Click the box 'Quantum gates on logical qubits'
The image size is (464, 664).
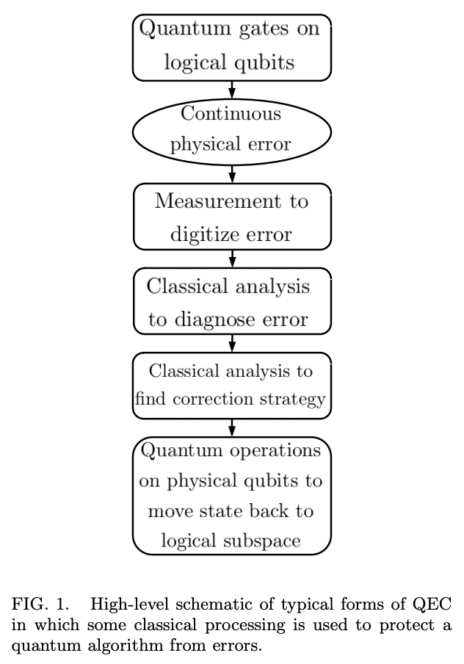pyautogui.click(x=232, y=46)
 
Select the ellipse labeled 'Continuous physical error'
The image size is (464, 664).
pyautogui.click(x=232, y=130)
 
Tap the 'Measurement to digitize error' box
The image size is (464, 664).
pyautogui.click(x=232, y=217)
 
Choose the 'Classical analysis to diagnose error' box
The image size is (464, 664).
pyautogui.click(x=232, y=301)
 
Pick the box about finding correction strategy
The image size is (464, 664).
pyautogui.click(x=232, y=385)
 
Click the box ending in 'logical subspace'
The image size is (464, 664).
pyautogui.click(x=232, y=495)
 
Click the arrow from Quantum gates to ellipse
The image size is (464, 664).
pyautogui.click(x=232, y=89)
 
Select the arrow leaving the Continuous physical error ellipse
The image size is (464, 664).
pyautogui.click(x=232, y=173)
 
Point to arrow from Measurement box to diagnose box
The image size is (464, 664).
pyautogui.click(x=232, y=259)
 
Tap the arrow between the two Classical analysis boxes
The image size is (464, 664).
pyautogui.click(x=232, y=343)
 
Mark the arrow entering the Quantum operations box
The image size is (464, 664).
pyautogui.click(x=232, y=427)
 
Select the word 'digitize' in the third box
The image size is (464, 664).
pyautogui.click(x=202, y=235)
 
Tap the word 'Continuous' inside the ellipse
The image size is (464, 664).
pyautogui.click(x=231, y=114)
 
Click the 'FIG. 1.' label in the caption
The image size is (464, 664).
pyautogui.click(x=39, y=604)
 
